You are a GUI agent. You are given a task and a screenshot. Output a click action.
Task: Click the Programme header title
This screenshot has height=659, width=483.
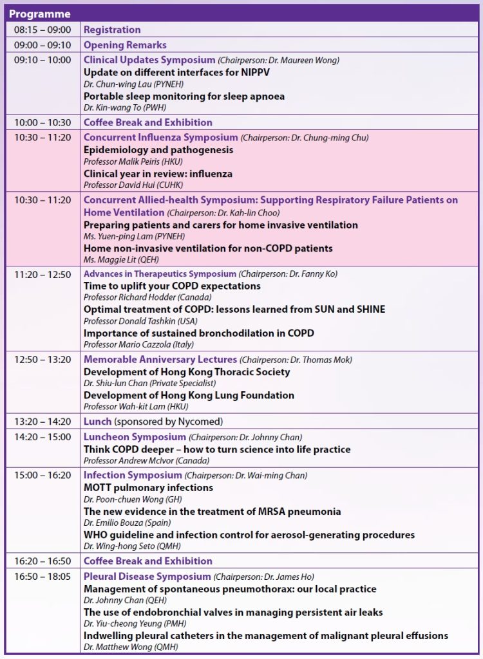(40, 14)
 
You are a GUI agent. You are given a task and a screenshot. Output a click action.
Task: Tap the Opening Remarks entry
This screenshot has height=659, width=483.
(125, 45)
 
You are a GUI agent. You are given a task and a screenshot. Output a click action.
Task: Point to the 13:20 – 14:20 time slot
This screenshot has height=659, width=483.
(43, 422)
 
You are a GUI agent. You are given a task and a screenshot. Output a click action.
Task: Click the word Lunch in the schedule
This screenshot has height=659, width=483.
(97, 422)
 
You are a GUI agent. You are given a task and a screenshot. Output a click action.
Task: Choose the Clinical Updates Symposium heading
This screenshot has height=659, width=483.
(149, 60)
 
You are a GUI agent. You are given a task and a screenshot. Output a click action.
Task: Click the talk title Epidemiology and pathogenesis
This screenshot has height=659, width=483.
(158, 150)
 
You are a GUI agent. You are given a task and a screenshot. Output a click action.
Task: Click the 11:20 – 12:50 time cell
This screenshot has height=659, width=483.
(43, 274)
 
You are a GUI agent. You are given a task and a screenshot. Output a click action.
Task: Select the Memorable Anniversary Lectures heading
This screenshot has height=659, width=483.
(160, 359)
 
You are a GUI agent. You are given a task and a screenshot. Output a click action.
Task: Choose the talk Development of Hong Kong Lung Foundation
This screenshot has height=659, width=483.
(189, 395)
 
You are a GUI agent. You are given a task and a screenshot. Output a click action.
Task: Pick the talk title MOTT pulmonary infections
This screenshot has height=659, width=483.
(148, 487)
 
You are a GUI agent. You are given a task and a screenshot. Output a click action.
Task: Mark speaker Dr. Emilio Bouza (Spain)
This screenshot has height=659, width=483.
(120, 523)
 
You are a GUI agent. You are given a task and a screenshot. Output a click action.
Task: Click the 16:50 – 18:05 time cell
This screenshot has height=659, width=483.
(43, 576)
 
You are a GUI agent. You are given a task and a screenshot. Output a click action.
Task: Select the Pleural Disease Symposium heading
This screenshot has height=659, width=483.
(147, 576)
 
